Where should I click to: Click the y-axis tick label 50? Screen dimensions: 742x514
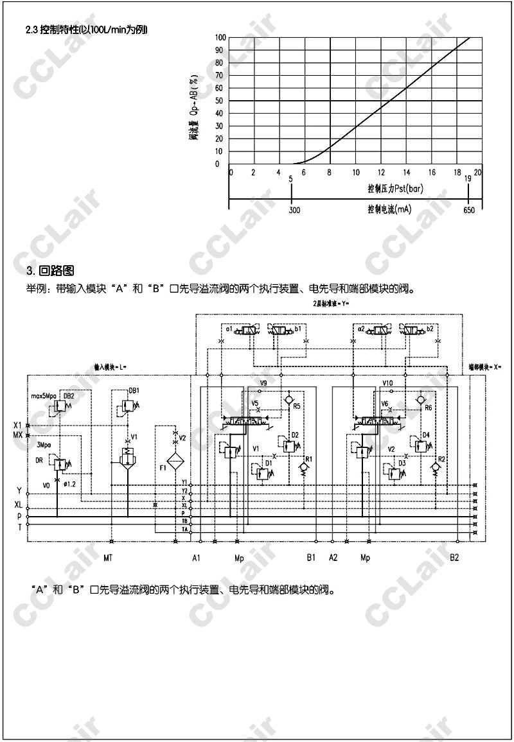[219, 101]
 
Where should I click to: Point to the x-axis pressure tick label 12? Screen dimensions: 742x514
[381, 173]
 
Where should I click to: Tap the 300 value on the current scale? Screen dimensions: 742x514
[294, 210]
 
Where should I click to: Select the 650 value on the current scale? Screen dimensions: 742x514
[469, 210]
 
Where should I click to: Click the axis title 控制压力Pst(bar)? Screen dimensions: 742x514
[394, 189]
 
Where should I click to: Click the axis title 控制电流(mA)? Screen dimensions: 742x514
[389, 209]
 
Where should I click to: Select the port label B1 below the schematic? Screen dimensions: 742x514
[311, 558]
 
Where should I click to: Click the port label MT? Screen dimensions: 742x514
[108, 558]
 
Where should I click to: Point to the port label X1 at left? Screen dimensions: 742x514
[17, 425]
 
